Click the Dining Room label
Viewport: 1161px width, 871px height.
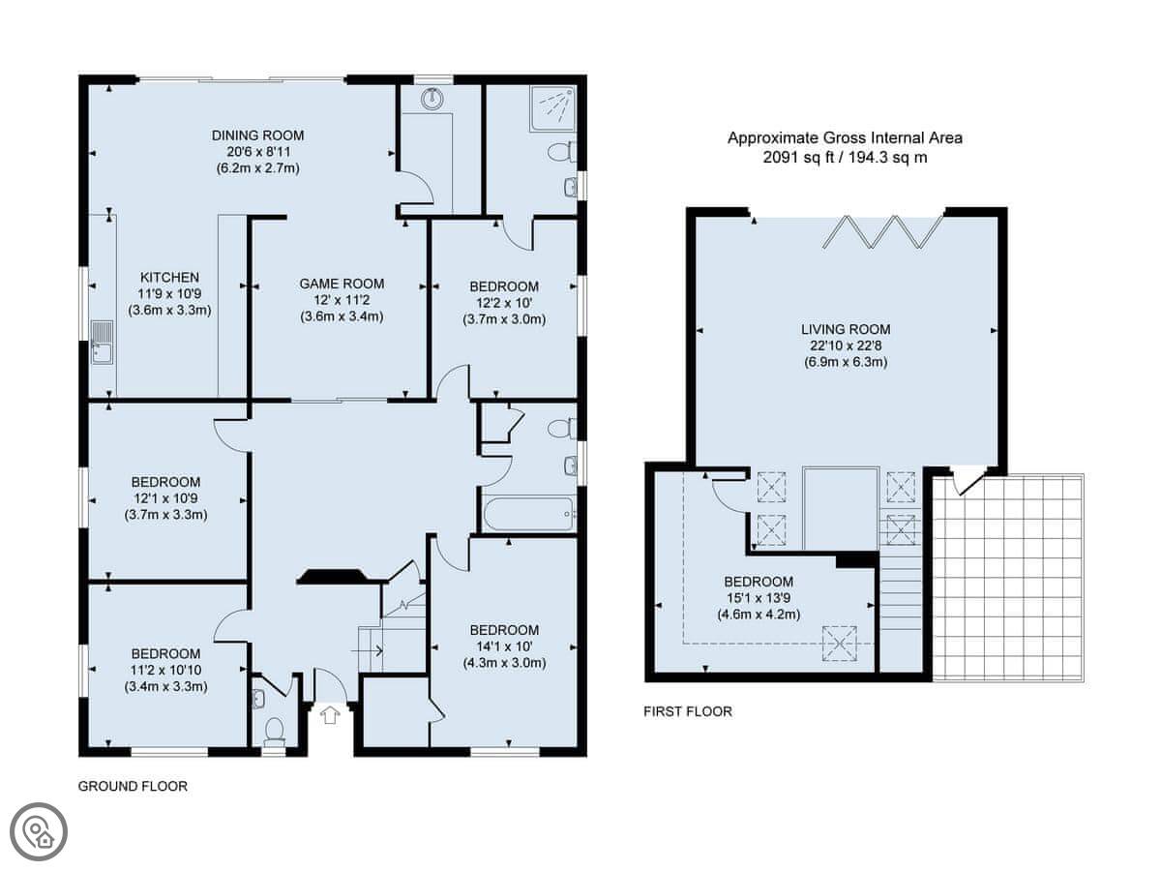(257, 135)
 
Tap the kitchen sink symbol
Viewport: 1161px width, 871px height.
(102, 343)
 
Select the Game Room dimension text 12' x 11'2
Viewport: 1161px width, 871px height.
(342, 300)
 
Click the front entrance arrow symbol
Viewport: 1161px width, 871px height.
(330, 715)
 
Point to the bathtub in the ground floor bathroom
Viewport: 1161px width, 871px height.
(528, 514)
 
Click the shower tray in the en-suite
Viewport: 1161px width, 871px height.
(552, 108)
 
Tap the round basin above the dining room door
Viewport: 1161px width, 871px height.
(433, 99)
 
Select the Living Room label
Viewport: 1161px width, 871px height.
(846, 329)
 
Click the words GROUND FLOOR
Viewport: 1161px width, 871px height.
(133, 787)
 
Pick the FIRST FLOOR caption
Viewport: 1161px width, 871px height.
(688, 711)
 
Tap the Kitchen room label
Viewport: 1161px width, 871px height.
(169, 277)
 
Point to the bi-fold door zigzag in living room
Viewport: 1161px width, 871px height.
(882, 231)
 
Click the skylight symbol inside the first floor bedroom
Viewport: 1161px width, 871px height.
(839, 644)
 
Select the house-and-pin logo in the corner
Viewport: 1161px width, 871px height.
(39, 832)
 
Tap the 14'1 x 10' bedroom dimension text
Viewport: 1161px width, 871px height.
(504, 646)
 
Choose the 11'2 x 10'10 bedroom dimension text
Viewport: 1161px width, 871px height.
(165, 670)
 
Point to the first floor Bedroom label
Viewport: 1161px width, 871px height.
(759, 582)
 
